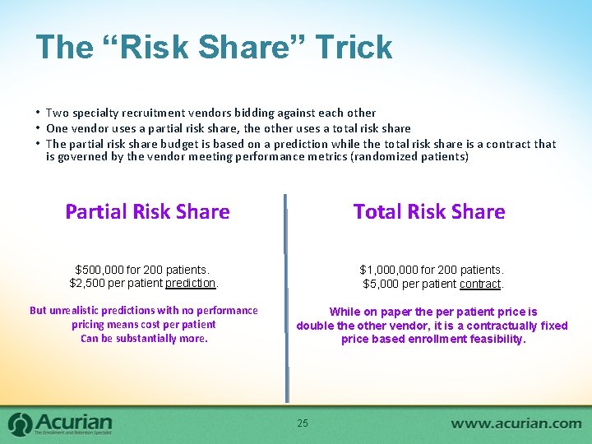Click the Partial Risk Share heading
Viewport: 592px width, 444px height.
(147, 212)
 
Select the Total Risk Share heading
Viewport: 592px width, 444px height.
(429, 212)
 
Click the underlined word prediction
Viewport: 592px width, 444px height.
(191, 284)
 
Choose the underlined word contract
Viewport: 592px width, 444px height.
(481, 284)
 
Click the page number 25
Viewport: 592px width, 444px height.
(303, 423)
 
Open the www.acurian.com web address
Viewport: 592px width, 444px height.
(516, 423)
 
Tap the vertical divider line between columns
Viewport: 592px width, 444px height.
(287, 329)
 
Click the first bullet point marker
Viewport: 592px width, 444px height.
(38, 113)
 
